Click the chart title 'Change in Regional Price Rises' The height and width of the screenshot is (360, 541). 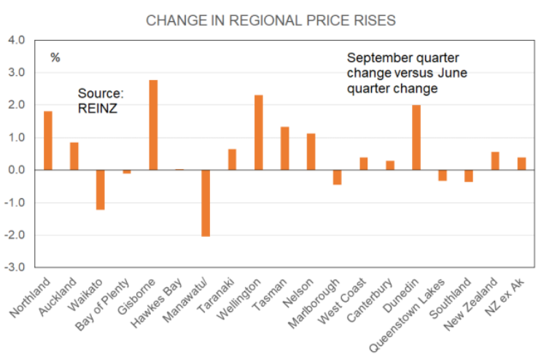[270, 20]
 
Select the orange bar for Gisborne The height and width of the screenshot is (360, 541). [153, 125]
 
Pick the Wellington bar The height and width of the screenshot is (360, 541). [258, 133]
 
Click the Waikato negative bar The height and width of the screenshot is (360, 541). [101, 189]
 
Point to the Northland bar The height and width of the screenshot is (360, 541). [48, 141]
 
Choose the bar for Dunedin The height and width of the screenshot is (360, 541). [416, 137]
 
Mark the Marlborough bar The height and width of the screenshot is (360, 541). [338, 177]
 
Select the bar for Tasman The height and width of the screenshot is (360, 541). [284, 148]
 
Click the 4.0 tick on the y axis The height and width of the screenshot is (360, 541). [16, 40]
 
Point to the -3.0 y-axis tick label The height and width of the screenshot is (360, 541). [15, 267]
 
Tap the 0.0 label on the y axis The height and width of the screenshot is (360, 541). [16, 170]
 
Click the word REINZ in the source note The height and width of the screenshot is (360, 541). [96, 108]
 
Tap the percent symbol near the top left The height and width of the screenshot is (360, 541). [55, 58]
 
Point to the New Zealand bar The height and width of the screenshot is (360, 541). [495, 161]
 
